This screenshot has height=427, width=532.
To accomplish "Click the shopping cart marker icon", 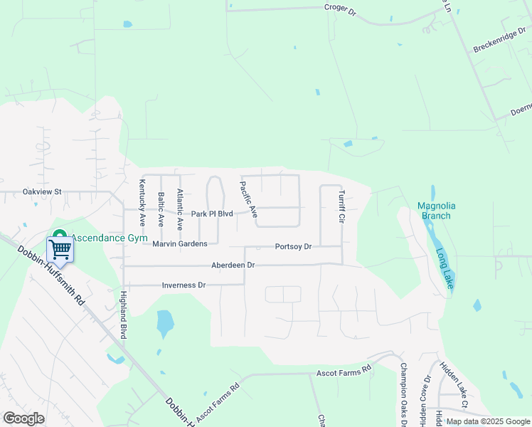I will click(60, 249).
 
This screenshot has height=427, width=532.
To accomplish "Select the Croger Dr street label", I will click(340, 8).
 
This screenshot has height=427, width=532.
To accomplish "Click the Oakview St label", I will click(43, 191).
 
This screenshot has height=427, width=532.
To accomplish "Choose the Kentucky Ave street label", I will click(142, 203).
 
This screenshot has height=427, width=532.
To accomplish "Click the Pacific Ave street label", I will click(249, 199).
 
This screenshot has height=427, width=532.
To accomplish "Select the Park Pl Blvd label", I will click(212, 213).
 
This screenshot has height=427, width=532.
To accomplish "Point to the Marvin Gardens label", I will click(180, 243).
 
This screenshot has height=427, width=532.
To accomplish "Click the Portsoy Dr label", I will click(293, 247).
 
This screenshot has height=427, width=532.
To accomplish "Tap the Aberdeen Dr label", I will click(233, 265).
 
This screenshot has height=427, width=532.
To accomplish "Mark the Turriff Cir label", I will click(341, 207).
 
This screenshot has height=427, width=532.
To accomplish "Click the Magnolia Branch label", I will click(437, 211).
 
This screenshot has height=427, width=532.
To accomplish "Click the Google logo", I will click(23, 418).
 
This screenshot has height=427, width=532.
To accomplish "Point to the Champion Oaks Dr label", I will click(403, 395).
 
